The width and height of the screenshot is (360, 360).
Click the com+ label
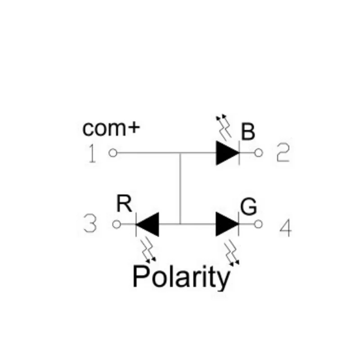(111, 128)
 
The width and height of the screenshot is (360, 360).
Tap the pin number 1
(92, 154)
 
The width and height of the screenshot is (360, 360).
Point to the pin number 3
(90, 224)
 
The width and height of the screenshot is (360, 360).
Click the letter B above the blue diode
(247, 132)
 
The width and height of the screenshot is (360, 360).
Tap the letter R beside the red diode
(124, 205)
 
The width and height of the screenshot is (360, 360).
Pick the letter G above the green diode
(249, 207)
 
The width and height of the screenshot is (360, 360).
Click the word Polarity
(181, 277)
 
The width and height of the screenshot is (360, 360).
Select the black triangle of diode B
(227, 153)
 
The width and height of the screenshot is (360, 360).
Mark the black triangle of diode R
(148, 224)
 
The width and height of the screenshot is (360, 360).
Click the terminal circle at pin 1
(113, 153)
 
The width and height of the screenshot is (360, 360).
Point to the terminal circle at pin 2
(258, 153)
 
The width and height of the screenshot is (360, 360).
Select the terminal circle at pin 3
(117, 224)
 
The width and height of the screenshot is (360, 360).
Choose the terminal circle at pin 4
(258, 224)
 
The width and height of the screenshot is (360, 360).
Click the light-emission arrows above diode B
(224, 126)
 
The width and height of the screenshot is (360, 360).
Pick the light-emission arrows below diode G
(233, 253)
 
